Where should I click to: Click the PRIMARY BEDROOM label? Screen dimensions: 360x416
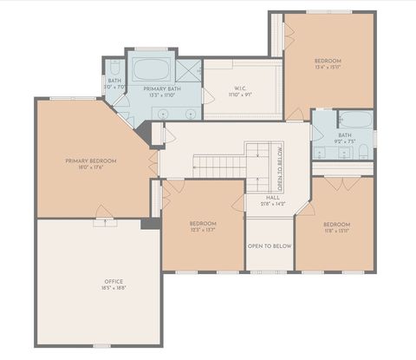(90, 160)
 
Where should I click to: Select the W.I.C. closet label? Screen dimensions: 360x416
(240, 88)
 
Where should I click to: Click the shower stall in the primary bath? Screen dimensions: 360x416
(189, 71)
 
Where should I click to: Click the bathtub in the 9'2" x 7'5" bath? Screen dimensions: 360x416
(355, 121)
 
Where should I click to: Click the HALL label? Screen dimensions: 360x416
(272, 197)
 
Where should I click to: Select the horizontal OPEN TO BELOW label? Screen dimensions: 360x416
(270, 246)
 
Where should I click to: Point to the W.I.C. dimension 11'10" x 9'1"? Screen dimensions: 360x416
(240, 95)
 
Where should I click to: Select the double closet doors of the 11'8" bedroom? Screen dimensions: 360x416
(348, 184)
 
